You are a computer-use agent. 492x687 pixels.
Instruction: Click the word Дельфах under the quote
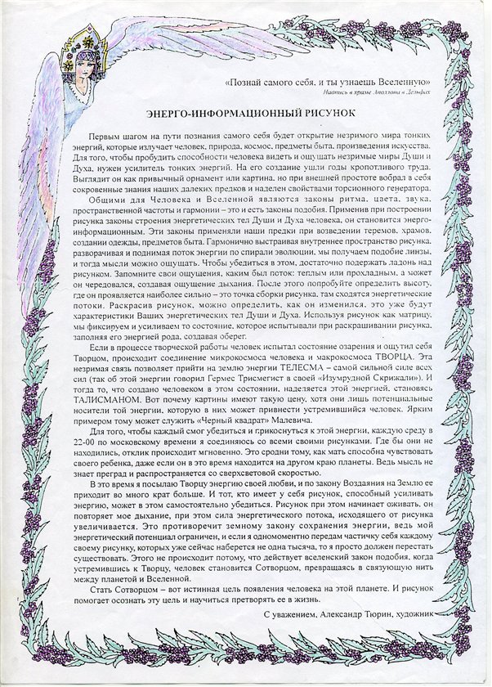(x=441, y=93)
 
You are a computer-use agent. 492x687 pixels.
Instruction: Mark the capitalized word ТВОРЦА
(x=408, y=358)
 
